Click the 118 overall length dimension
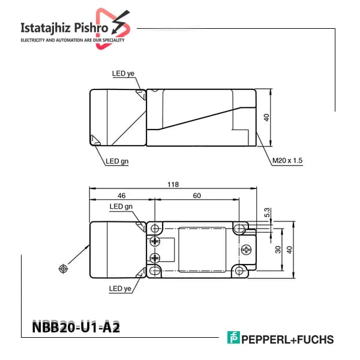tap(173, 185)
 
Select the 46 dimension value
tap(121, 196)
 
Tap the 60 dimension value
tap(197, 196)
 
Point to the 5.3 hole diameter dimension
tap(267, 212)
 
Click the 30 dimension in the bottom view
tap(278, 250)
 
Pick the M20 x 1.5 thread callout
tap(287, 160)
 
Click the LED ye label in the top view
tap(123, 73)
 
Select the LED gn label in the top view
tap(117, 161)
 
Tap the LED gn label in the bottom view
tap(121, 206)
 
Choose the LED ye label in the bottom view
tap(120, 289)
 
